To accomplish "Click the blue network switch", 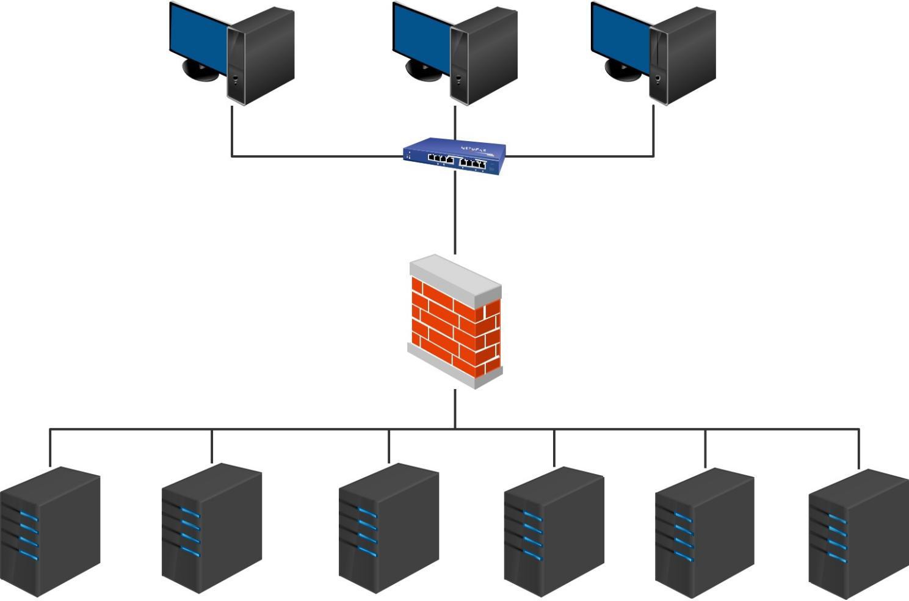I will click(x=454, y=156).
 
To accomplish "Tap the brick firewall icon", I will click(x=455, y=322).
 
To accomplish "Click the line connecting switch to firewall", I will click(x=455, y=214).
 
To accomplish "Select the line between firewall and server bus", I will click(x=455, y=408).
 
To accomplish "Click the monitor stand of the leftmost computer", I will click(x=200, y=72).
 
